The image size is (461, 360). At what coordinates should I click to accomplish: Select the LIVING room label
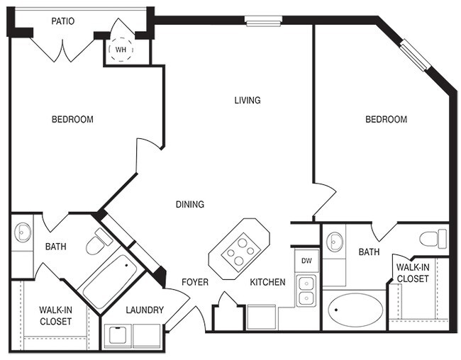[248, 100]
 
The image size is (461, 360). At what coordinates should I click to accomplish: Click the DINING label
[190, 205]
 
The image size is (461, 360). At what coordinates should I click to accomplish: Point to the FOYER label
[195, 282]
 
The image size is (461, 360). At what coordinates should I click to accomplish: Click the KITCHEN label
[267, 282]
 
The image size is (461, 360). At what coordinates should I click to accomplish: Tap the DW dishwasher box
[307, 260]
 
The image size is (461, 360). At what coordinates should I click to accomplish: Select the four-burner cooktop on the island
[238, 248]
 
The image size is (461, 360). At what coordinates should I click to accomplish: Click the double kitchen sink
[306, 290]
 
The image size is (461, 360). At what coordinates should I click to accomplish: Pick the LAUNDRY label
[145, 310]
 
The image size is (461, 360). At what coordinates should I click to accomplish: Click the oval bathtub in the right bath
[353, 310]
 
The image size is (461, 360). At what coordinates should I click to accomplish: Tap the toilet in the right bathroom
[432, 238]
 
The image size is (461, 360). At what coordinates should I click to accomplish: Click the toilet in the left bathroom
[98, 243]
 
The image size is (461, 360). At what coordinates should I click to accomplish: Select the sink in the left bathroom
[21, 232]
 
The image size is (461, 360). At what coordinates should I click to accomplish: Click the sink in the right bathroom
[335, 242]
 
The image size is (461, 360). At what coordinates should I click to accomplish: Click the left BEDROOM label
[72, 119]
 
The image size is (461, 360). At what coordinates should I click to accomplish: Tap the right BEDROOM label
[386, 119]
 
